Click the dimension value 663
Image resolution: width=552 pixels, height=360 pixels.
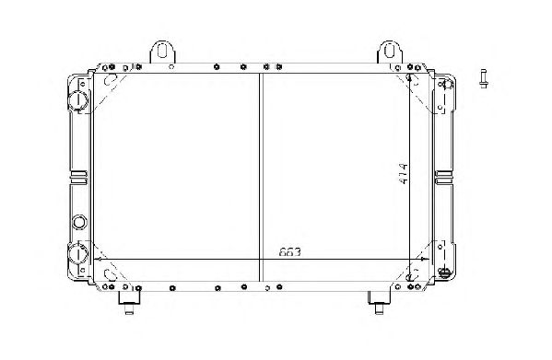(x=290, y=252)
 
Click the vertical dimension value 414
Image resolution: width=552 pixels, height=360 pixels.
(x=404, y=173)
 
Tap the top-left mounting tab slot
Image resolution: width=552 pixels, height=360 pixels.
(x=162, y=52)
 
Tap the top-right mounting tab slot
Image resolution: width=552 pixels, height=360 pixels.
(x=389, y=51)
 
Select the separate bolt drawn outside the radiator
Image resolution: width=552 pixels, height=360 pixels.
(x=484, y=78)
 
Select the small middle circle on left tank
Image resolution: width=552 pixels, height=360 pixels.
(x=79, y=222)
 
